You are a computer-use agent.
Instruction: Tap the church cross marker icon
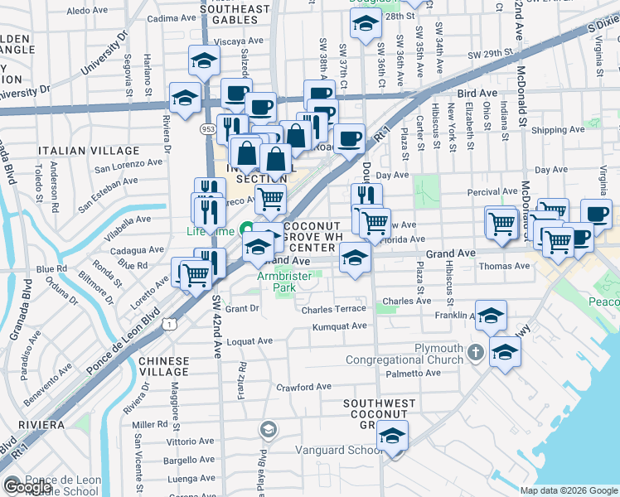[x=475, y=352]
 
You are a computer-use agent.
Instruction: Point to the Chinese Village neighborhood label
[x=169, y=367]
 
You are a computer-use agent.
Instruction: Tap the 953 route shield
[x=209, y=130]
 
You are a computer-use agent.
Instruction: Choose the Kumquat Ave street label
[x=339, y=326]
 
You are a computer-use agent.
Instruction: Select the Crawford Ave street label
[x=303, y=387]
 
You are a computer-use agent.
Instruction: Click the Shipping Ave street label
[x=559, y=131]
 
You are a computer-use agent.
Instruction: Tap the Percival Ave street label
[x=492, y=191]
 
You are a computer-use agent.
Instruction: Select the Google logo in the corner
[x=27, y=487]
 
